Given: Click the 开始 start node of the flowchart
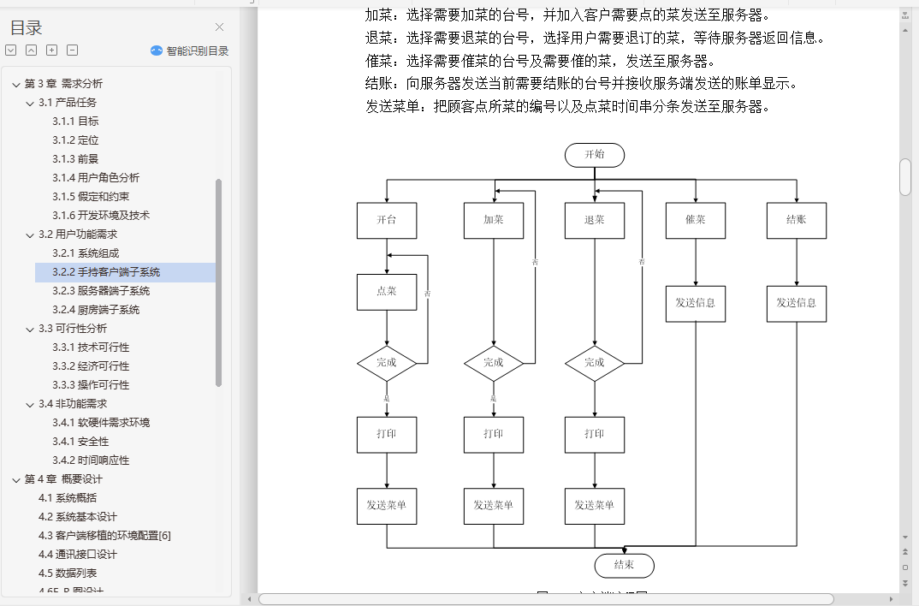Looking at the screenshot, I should (x=594, y=155).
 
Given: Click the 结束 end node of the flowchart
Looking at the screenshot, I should (x=624, y=565).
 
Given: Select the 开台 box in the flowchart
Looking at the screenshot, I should (x=387, y=220).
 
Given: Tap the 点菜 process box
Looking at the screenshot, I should (x=387, y=291).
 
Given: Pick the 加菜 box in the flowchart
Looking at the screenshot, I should (x=494, y=220).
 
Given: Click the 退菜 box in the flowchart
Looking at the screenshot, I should (x=595, y=220).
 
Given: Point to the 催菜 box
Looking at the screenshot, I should (x=696, y=220).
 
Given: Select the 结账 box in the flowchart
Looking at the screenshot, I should (x=797, y=220).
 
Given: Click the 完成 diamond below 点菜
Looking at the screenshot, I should (x=387, y=363).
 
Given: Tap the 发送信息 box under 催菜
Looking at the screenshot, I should (x=696, y=303).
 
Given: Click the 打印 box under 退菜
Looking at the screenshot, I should (x=595, y=434).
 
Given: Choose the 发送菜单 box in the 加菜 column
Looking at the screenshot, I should (x=494, y=505).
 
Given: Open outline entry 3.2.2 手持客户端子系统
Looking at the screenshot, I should (x=106, y=272).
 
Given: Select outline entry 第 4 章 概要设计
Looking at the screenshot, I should (x=63, y=479).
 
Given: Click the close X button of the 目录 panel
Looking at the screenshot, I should (x=220, y=27).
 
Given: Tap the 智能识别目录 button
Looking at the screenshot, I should (x=189, y=50).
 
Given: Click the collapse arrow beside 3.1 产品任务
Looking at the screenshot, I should (x=30, y=103).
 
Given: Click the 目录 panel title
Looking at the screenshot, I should (x=26, y=28).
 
